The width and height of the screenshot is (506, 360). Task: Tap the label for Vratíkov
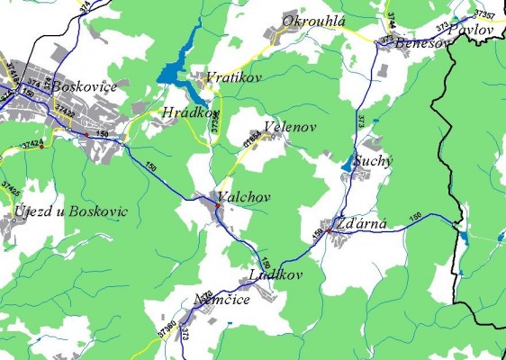[x=233, y=78]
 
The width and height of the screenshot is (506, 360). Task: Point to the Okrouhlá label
[x=314, y=20]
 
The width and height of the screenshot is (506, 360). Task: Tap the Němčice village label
[x=221, y=300]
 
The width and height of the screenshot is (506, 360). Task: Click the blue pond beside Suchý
[x=349, y=162]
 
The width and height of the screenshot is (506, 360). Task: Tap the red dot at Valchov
[x=217, y=207]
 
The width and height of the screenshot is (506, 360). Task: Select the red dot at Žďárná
[x=329, y=231]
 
